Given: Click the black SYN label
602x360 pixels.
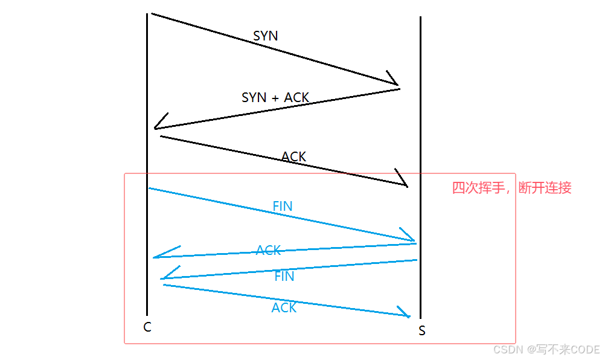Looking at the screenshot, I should click(266, 36).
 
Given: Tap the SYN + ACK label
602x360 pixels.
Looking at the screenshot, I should click(275, 97).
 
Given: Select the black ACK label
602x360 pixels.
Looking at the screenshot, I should click(294, 156).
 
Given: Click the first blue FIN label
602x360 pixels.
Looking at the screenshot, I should click(283, 206).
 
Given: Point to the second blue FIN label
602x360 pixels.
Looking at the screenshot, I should click(284, 277).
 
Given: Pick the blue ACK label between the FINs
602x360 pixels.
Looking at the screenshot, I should click(269, 250).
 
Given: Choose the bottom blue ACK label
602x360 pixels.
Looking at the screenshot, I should click(284, 307).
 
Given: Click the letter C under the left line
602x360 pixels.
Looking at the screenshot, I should click(147, 327).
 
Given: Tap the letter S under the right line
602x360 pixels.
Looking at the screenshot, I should click(421, 331).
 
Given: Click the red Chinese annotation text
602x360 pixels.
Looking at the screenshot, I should click(511, 188).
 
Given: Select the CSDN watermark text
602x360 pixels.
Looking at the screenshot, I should click(546, 349).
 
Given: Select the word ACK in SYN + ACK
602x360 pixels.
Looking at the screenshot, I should click(296, 97).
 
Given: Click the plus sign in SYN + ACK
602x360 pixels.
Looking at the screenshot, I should click(275, 98).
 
